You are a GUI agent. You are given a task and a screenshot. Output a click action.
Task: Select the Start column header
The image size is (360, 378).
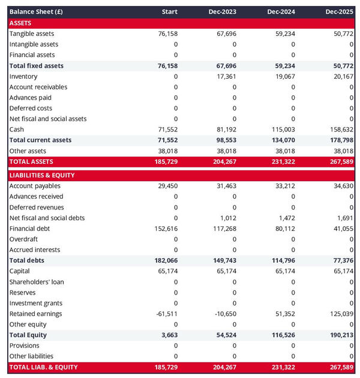click(x=170, y=12)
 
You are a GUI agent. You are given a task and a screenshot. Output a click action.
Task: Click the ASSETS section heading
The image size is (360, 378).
click(x=21, y=23)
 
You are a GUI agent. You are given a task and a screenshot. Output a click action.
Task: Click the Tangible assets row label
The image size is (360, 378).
click(x=31, y=34)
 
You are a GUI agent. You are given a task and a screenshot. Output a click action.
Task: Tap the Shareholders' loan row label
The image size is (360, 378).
click(x=37, y=282)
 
